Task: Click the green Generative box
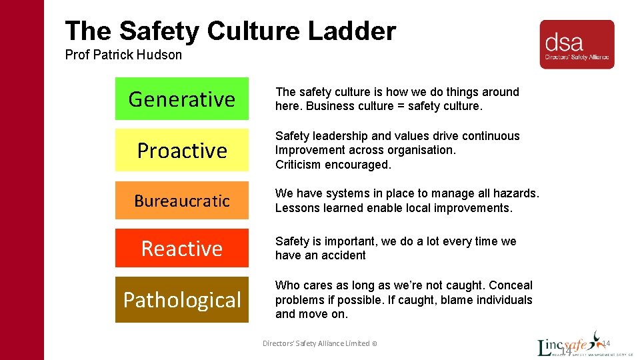[181, 99]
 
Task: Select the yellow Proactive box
[181, 150]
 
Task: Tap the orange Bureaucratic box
[181, 201]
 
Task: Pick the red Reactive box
[181, 248]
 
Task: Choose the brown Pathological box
[181, 300]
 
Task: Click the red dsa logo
[577, 44]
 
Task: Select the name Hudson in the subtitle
[160, 55]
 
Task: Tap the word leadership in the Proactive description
[337, 136]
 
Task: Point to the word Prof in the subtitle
[77, 55]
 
